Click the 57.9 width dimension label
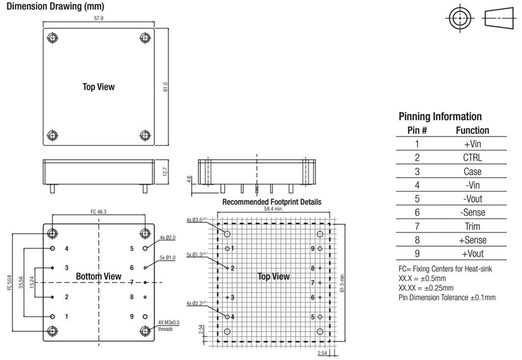pyautogui.click(x=98, y=18)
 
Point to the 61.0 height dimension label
pyautogui.click(x=166, y=87)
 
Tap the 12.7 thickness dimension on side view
pyautogui.click(x=166, y=172)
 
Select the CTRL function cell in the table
pyautogui.click(x=473, y=158)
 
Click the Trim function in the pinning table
pyautogui.click(x=473, y=226)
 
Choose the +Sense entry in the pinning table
pyautogui.click(x=473, y=240)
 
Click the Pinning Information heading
pyautogui.click(x=440, y=117)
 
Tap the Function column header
pyautogui.click(x=473, y=130)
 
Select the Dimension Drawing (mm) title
pyautogui.click(x=55, y=6)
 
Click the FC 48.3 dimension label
pyautogui.click(x=98, y=212)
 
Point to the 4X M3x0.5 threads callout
pyautogui.click(x=168, y=326)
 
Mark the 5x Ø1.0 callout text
pyautogui.click(x=167, y=258)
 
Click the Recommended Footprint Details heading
pyautogui.click(x=272, y=202)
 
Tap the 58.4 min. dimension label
pyautogui.click(x=273, y=209)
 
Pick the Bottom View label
pyautogui.click(x=98, y=276)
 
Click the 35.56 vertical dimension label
pyautogui.click(x=21, y=282)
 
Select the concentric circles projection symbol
pyautogui.click(x=460, y=18)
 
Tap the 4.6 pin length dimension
pyautogui.click(x=189, y=179)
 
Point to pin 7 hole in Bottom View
pyautogui.click(x=145, y=282)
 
